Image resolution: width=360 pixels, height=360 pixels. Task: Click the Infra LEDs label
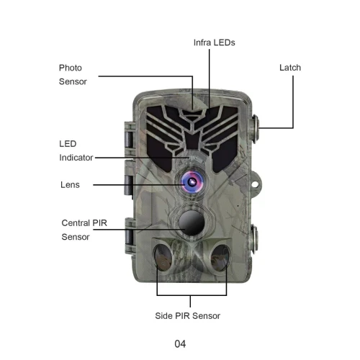pyautogui.click(x=214, y=42)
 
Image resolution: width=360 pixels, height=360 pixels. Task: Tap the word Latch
pyautogui.click(x=290, y=68)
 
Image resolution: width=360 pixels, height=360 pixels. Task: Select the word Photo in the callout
pyautogui.click(x=71, y=68)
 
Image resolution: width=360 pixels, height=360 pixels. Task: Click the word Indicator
pyautogui.click(x=76, y=158)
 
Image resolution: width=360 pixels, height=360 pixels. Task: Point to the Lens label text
pyautogui.click(x=70, y=185)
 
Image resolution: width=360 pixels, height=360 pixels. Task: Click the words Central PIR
pyautogui.click(x=84, y=223)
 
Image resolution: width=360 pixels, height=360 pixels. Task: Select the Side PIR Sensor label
pyautogui.click(x=187, y=316)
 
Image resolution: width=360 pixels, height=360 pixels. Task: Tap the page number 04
pyautogui.click(x=180, y=344)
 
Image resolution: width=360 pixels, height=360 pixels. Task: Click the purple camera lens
pyautogui.click(x=192, y=182)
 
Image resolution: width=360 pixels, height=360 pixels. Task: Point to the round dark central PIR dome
pyautogui.click(x=192, y=223)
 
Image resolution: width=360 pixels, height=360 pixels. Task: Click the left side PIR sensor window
pyautogui.click(x=163, y=257)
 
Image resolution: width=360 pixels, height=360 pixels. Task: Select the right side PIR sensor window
pyautogui.click(x=220, y=258)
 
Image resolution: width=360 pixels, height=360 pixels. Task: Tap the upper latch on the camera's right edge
pyautogui.click(x=255, y=129)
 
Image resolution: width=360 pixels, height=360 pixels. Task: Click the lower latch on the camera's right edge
pyautogui.click(x=254, y=238)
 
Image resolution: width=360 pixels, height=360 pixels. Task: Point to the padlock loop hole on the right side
pyautogui.click(x=255, y=184)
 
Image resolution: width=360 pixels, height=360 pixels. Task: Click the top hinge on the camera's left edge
pyautogui.click(x=129, y=139)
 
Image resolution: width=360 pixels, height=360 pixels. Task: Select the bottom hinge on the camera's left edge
pyautogui.click(x=130, y=236)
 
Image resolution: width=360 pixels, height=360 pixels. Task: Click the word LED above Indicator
pyautogui.click(x=68, y=144)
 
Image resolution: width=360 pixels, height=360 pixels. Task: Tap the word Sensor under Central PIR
pyautogui.click(x=76, y=237)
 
